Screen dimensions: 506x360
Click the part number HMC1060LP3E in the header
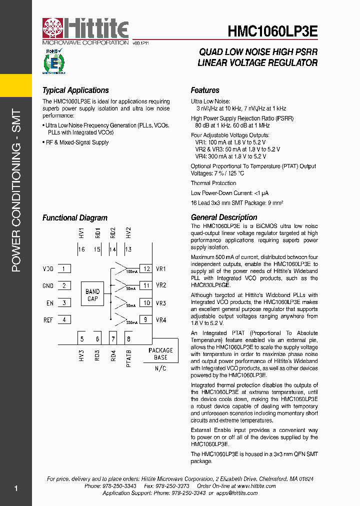[272, 31]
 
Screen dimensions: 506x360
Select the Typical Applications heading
[75, 90]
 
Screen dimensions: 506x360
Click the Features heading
[205, 90]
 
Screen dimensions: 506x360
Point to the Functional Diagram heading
[74, 218]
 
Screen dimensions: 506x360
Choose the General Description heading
[224, 217]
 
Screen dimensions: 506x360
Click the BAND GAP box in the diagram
[92, 295]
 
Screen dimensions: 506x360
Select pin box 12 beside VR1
[146, 269]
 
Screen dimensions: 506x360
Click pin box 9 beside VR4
[146, 319]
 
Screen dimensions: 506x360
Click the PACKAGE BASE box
[160, 354]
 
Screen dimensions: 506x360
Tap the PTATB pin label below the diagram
[129, 358]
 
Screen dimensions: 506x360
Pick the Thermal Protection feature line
[213, 183]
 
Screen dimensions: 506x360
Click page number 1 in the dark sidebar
[16, 488]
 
